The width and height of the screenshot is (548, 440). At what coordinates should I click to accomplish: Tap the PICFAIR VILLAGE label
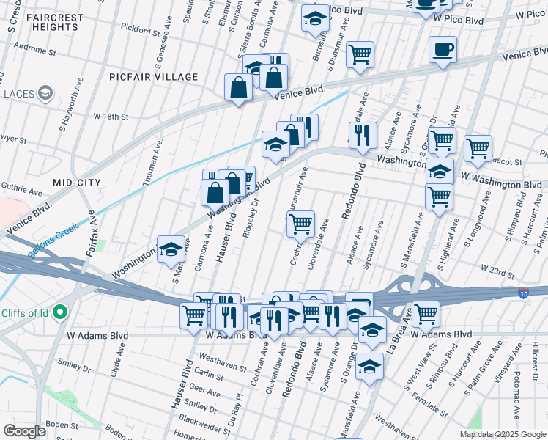153,77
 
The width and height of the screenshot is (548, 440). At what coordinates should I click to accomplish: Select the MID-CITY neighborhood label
76,181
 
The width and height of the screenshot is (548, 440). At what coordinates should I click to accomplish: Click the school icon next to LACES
45,93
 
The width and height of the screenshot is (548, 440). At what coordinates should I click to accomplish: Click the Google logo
24,431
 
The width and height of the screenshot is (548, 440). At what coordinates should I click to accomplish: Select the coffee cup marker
442,51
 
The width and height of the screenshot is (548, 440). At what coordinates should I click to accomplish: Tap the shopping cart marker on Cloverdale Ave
300,224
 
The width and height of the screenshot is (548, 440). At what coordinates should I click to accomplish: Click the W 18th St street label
111,117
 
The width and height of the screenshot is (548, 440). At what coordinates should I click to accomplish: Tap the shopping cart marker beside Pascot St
477,148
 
